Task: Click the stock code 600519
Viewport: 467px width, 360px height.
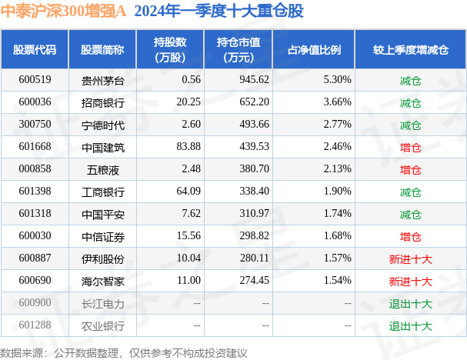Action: tap(35, 80)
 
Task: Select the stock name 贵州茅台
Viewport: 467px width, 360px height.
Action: tap(102, 80)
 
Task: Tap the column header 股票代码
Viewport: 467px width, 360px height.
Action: tap(35, 49)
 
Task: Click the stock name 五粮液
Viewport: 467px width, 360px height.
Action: tap(102, 169)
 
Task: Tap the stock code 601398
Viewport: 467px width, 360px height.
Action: tap(35, 192)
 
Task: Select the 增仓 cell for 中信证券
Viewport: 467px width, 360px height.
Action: tap(410, 236)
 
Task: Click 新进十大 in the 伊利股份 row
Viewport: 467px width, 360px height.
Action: tap(410, 259)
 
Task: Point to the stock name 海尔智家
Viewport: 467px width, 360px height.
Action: tap(102, 282)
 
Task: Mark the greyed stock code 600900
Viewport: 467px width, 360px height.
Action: tap(35, 303)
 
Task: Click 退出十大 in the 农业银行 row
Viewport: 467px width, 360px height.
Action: tap(410, 325)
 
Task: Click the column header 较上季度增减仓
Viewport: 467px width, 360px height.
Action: tap(410, 49)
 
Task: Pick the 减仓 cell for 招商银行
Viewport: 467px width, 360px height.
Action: tap(410, 102)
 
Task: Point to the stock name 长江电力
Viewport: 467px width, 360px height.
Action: tap(102, 303)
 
